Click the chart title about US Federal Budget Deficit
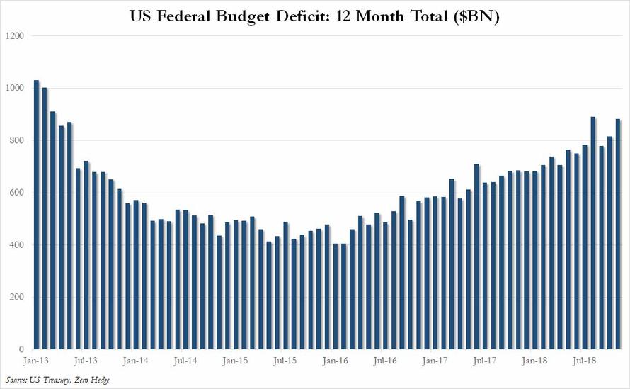pos(315,16)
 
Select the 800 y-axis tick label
pos(16,140)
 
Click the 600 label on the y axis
pos(16,193)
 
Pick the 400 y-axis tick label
pos(16,245)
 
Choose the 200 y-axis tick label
pos(16,298)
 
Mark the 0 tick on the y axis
pos(21,350)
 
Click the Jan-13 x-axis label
pos(36,361)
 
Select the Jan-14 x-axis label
pos(134,361)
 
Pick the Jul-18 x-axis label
pos(584,361)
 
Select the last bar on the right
pos(617,234)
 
